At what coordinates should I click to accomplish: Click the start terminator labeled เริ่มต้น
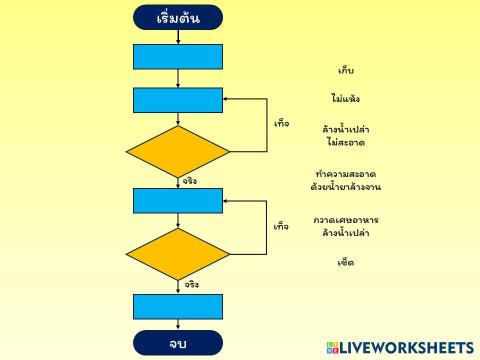178,18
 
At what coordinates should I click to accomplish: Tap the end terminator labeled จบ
178,344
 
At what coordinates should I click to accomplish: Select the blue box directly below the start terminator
178,57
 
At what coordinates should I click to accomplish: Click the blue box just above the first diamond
178,101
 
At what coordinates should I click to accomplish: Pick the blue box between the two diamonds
178,201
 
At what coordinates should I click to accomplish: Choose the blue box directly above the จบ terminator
178,306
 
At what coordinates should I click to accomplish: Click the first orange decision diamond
178,151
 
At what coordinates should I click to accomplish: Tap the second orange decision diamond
178,254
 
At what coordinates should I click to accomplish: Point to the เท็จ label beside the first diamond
281,123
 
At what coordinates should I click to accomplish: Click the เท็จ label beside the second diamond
281,226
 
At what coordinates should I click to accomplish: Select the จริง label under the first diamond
190,181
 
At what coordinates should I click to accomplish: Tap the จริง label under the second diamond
190,284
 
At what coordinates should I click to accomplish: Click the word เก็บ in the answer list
346,71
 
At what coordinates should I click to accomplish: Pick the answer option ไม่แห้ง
346,99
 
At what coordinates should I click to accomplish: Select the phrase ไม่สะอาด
346,143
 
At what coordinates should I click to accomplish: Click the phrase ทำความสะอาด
346,174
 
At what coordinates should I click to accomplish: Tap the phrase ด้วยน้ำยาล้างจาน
346,187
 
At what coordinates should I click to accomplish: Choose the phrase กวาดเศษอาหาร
346,219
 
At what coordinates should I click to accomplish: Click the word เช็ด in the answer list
346,263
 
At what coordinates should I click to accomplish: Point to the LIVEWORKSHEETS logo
399,347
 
